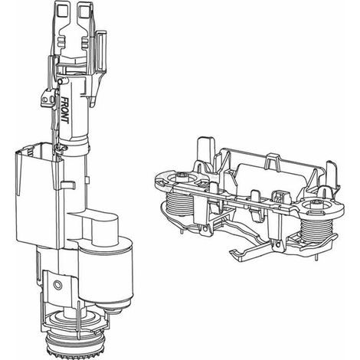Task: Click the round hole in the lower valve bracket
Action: [x=58, y=285]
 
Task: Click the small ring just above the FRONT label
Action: [x=61, y=81]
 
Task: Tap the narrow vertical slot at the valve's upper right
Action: [x=101, y=51]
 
